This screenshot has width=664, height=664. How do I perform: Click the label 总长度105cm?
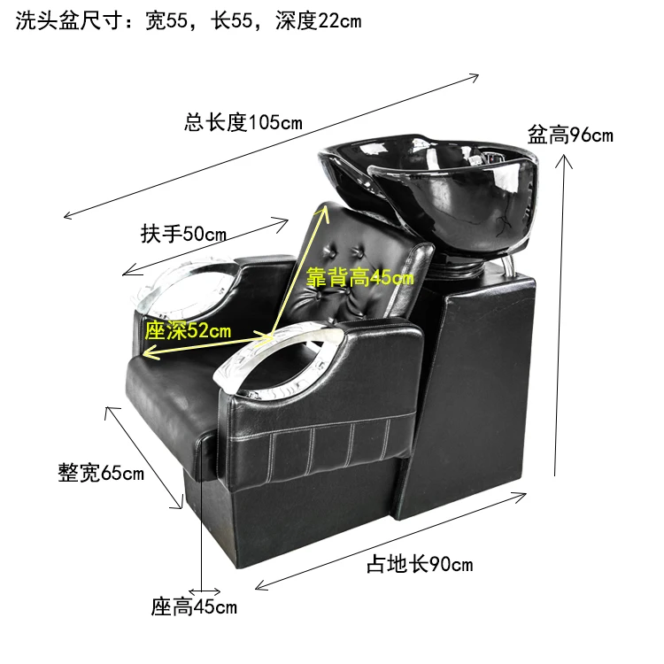click(243, 123)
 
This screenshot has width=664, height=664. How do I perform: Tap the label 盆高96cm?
click(570, 135)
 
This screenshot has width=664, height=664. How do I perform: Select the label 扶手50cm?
click(183, 235)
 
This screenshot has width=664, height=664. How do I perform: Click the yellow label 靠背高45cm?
click(360, 276)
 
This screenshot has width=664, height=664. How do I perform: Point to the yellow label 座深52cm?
click(188, 330)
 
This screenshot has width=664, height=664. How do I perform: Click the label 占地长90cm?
click(420, 564)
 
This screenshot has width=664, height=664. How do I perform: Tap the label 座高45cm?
click(194, 607)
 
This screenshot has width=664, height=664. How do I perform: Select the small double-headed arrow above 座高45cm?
click(205, 590)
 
